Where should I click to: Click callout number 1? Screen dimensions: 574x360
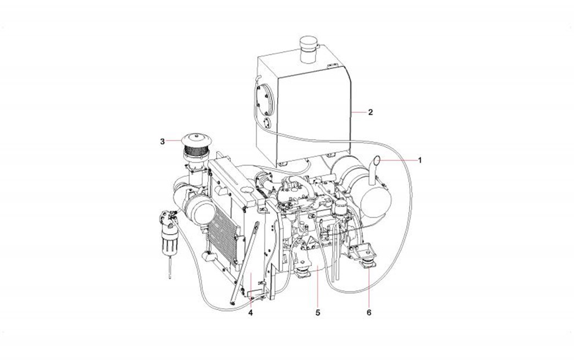pos(420,160)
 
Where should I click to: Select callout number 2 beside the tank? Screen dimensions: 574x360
pos(371,112)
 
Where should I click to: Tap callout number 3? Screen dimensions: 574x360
pos(163,141)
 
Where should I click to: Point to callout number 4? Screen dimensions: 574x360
pos(250,313)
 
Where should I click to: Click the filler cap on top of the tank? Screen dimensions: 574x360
pos(307,49)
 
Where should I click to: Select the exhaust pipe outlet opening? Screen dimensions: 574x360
pos(378,159)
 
